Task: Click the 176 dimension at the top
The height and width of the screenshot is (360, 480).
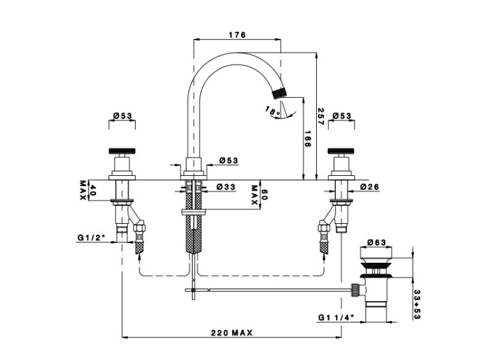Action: [x=237, y=35]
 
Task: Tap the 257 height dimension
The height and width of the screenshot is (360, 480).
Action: [x=321, y=116]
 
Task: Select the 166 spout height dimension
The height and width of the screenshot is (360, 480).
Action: [x=308, y=139]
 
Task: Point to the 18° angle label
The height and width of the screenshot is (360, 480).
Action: [x=273, y=111]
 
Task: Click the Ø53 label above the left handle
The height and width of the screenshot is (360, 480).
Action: [x=122, y=116]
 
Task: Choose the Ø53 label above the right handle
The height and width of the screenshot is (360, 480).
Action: [x=342, y=116]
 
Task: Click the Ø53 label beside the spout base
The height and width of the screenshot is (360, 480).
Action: [x=228, y=160]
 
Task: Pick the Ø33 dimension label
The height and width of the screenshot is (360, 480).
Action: [x=226, y=187]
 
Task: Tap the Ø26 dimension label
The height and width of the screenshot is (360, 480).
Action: [x=369, y=187]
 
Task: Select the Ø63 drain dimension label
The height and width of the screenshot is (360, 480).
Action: [x=376, y=242]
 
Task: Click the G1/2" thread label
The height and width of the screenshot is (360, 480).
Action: [x=92, y=237]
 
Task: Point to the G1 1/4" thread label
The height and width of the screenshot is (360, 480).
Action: [x=336, y=318]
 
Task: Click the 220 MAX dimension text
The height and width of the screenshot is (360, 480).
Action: [x=232, y=333]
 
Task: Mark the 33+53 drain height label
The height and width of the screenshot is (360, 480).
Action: [x=417, y=304]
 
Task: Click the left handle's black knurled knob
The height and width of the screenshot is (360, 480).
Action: [x=122, y=150]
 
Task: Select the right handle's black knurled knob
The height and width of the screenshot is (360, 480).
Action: [x=342, y=150]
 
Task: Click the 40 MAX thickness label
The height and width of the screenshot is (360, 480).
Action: [x=88, y=190]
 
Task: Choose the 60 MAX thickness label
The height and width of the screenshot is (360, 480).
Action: [x=259, y=195]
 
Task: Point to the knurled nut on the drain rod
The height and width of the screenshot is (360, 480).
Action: [x=355, y=290]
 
